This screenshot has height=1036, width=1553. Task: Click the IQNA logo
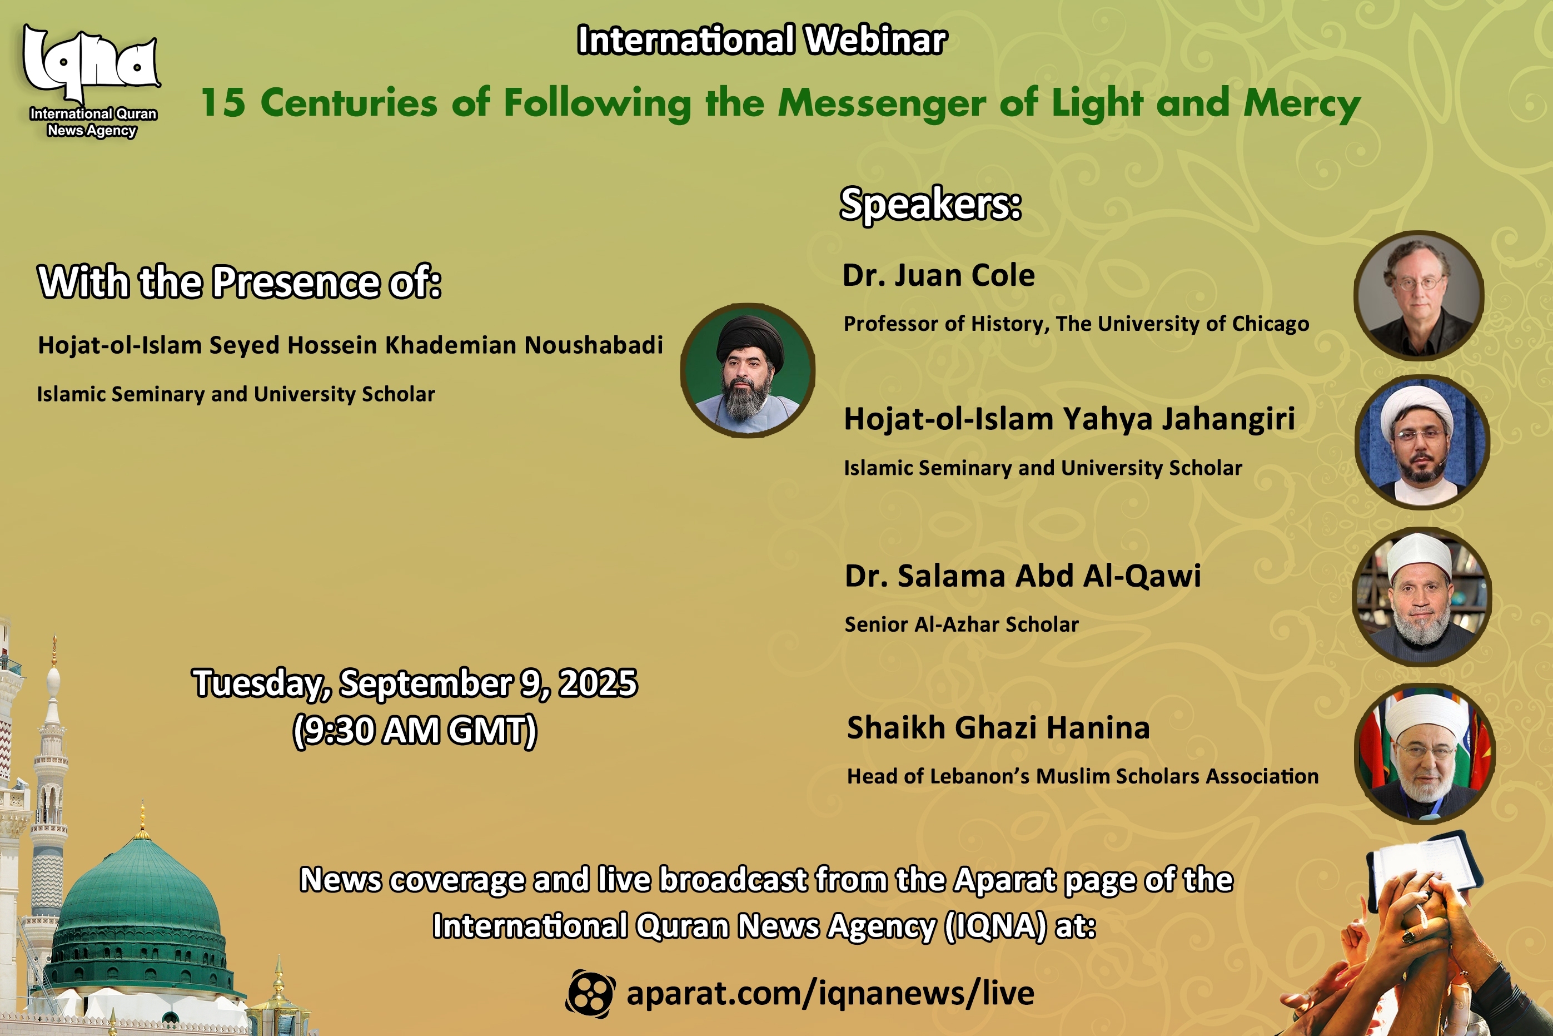pyautogui.click(x=92, y=81)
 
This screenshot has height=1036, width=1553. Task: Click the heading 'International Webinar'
pyautogui.click(x=762, y=39)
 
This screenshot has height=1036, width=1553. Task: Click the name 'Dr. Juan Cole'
pyautogui.click(x=938, y=275)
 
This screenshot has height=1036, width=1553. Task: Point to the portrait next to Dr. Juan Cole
pyautogui.click(x=1419, y=295)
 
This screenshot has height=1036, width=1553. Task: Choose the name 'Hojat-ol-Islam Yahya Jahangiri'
pyautogui.click(x=1069, y=419)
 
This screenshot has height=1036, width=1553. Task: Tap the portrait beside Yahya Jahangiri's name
pyautogui.click(x=1422, y=442)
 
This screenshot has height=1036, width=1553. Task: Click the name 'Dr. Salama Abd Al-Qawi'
pyautogui.click(x=1023, y=576)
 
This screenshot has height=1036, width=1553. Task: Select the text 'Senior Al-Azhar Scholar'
pyautogui.click(x=962, y=624)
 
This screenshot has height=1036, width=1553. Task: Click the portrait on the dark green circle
pyautogui.click(x=748, y=371)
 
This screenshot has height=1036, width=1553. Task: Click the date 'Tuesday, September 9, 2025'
pyautogui.click(x=415, y=683)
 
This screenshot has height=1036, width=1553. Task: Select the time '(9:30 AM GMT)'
pyautogui.click(x=415, y=731)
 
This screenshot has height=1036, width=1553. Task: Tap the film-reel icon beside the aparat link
pyautogui.click(x=590, y=994)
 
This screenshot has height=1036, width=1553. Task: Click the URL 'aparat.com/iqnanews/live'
pyautogui.click(x=830, y=994)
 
